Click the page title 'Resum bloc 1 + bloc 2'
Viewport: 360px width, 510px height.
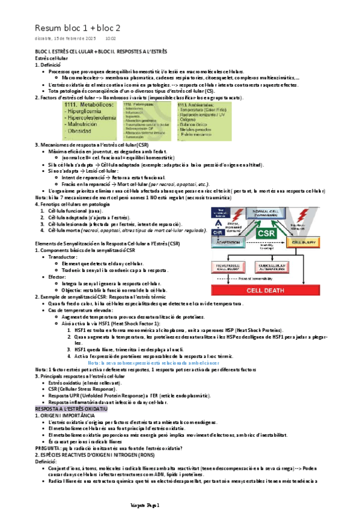[x=78, y=28]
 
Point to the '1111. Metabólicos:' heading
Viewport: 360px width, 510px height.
[x=90, y=105]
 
